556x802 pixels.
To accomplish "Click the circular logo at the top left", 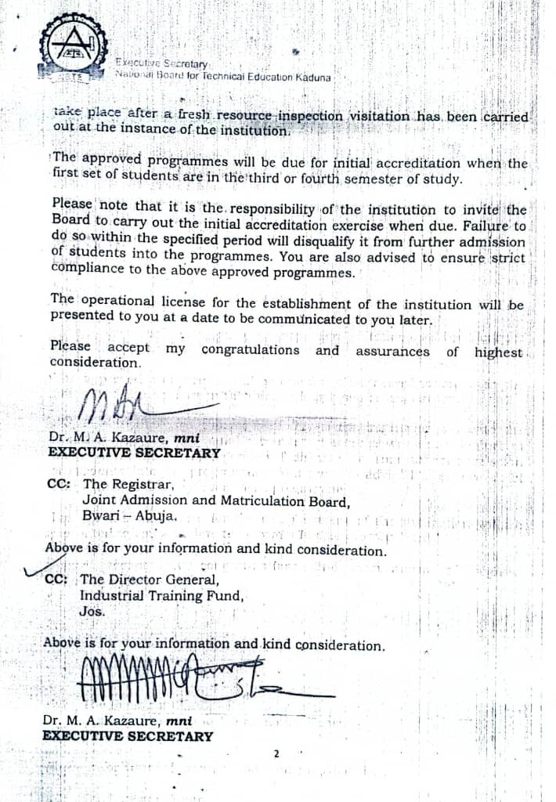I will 73,45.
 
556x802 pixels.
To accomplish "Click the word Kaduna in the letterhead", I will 312,78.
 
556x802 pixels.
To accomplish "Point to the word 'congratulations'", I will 250,350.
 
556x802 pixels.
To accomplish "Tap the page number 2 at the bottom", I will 276,754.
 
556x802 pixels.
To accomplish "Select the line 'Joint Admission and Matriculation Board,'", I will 216,500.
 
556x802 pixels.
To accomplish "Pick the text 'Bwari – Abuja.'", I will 130,516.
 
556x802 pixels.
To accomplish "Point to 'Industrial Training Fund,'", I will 161,596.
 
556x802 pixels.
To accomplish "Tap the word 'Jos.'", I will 92,611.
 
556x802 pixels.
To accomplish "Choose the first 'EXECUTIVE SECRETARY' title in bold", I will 134,453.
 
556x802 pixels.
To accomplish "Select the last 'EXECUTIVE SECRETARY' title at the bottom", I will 127,736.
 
